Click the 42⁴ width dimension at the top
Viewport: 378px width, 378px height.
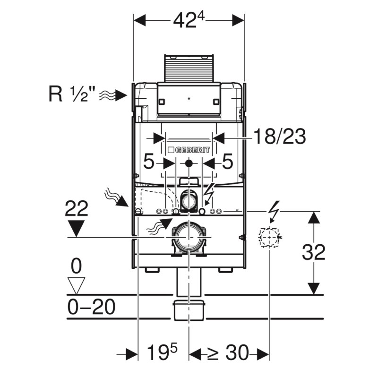(189, 20)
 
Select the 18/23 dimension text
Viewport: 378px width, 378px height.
(280, 137)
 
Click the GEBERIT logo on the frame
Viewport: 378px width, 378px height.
(189, 150)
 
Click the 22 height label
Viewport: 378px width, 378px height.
(77, 208)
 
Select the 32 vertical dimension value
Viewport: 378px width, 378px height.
(314, 252)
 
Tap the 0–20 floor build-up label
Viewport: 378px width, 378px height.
(91, 307)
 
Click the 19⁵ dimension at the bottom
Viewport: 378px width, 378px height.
(162, 352)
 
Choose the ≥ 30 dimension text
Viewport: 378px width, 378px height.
(228, 352)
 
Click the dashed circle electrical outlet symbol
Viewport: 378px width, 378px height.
(269, 237)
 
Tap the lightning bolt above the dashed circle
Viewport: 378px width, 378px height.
(274, 211)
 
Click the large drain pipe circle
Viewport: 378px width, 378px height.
(189, 238)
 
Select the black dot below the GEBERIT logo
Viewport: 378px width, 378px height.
(189, 163)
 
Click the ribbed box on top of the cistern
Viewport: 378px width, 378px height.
(189, 68)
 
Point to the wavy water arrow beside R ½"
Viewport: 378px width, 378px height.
(113, 95)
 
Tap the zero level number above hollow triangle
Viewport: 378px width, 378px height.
(77, 266)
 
